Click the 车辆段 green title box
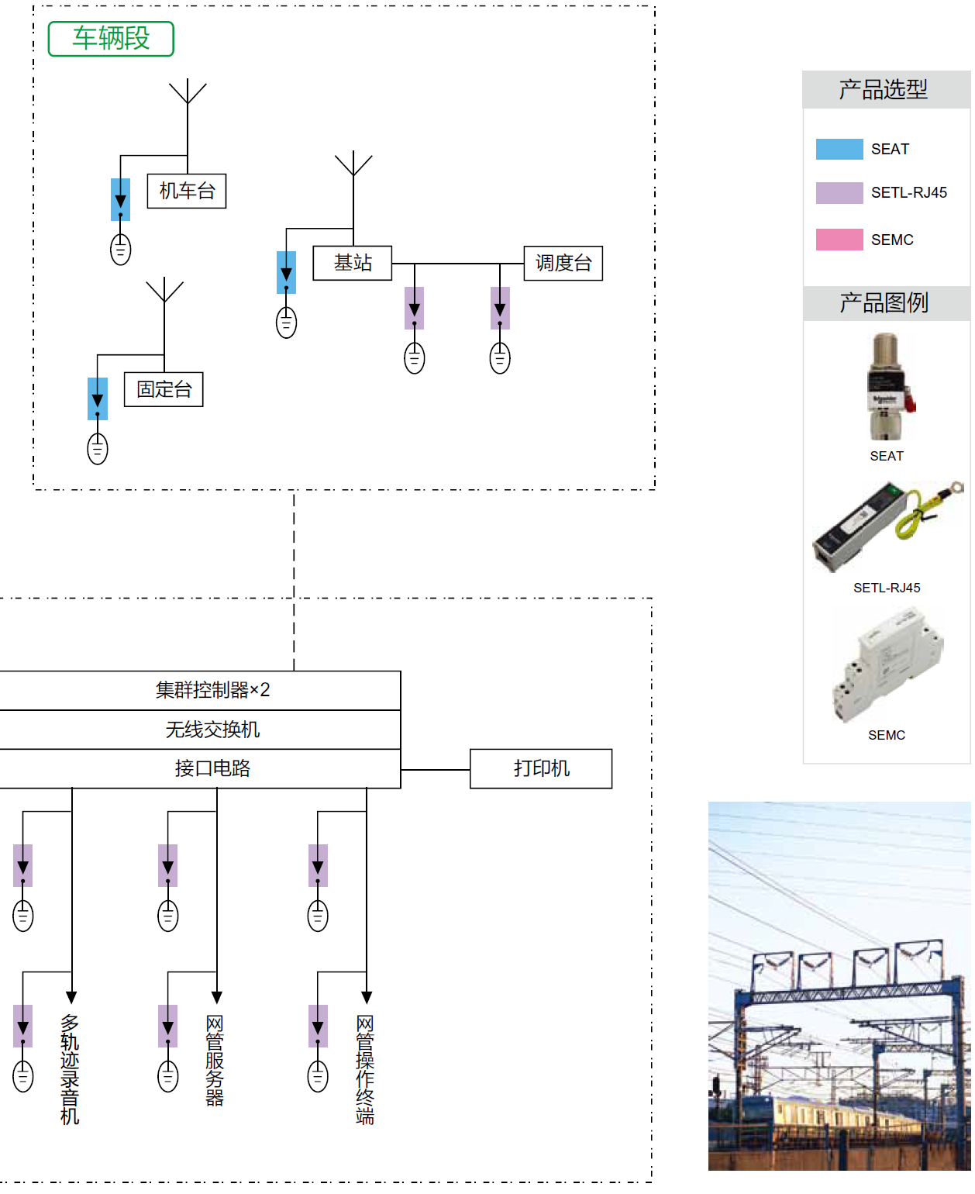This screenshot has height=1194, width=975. [x=111, y=39]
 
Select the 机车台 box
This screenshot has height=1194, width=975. [x=187, y=192]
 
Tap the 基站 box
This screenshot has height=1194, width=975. [x=353, y=264]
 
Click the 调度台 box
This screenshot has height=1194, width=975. [x=563, y=264]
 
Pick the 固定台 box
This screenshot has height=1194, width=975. [x=164, y=389]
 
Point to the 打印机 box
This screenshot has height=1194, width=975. [x=541, y=769]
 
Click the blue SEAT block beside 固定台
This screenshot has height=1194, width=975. [x=98, y=399]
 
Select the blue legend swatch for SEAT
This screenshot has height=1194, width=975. [x=839, y=149]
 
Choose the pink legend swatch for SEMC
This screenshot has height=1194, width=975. [x=839, y=240]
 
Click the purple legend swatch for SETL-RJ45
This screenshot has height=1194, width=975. [x=839, y=193]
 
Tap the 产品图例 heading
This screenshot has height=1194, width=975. [x=884, y=303]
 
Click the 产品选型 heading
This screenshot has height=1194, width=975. [x=884, y=90]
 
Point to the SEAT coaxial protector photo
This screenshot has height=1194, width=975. [x=887, y=386]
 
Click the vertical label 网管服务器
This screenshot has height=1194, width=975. [x=215, y=1060]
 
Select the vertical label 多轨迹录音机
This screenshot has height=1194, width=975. [x=70, y=1069]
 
